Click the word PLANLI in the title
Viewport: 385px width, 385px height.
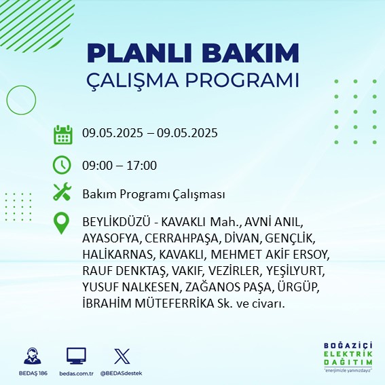click(139, 53)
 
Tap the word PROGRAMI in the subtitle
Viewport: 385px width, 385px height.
click(242, 80)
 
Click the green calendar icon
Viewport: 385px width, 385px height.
click(63, 134)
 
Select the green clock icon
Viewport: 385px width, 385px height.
click(62, 165)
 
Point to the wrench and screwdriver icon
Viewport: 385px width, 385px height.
click(62, 191)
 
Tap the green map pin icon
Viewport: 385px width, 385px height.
click(61, 223)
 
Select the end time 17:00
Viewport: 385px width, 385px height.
click(142, 165)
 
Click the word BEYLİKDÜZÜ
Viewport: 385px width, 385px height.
click(116, 222)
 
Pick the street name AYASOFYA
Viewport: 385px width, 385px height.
click(111, 238)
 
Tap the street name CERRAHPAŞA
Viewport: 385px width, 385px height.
click(181, 238)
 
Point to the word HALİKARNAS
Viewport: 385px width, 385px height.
click(117, 255)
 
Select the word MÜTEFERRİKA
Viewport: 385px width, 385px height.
click(175, 304)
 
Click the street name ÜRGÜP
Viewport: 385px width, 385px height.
click(297, 287)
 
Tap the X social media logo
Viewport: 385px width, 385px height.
click(122, 356)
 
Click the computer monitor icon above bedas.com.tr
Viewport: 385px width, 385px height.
click(76, 356)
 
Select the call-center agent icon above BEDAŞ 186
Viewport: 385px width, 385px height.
click(33, 356)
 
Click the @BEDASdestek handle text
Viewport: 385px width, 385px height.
click(121, 373)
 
